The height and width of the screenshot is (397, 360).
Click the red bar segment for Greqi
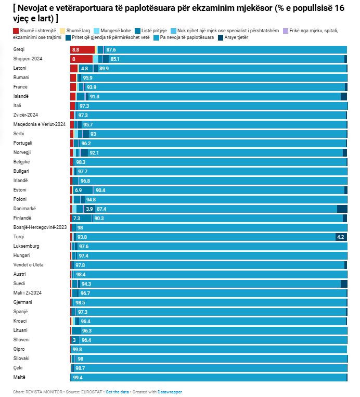coord(83,49)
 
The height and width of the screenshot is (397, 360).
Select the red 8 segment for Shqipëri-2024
coord(82,59)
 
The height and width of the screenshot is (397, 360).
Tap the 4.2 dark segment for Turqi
coord(341,237)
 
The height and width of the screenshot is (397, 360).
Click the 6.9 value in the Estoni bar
coord(78,190)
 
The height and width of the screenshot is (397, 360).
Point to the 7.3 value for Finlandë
coord(76,218)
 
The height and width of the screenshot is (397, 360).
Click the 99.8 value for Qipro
coord(77,350)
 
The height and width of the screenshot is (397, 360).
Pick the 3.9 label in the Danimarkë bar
coord(89,209)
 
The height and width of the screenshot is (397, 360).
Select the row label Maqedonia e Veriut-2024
coord(40,124)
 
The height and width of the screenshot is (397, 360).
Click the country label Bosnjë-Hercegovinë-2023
coord(40,227)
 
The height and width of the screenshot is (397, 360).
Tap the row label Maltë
coord(19,377)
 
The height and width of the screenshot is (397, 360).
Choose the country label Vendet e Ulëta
coord(29,265)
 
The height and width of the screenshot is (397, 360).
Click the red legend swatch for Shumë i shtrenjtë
coord(16,31)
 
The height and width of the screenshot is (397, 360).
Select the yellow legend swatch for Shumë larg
coord(62,31)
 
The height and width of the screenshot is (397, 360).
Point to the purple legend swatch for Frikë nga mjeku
coord(286,31)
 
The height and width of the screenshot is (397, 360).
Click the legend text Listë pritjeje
coord(154,31)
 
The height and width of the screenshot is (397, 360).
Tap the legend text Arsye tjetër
coord(236,37)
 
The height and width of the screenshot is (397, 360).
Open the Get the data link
coord(117,392)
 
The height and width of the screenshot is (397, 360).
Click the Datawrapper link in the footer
coord(170,392)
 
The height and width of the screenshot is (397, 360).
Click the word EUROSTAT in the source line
coord(92,392)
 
